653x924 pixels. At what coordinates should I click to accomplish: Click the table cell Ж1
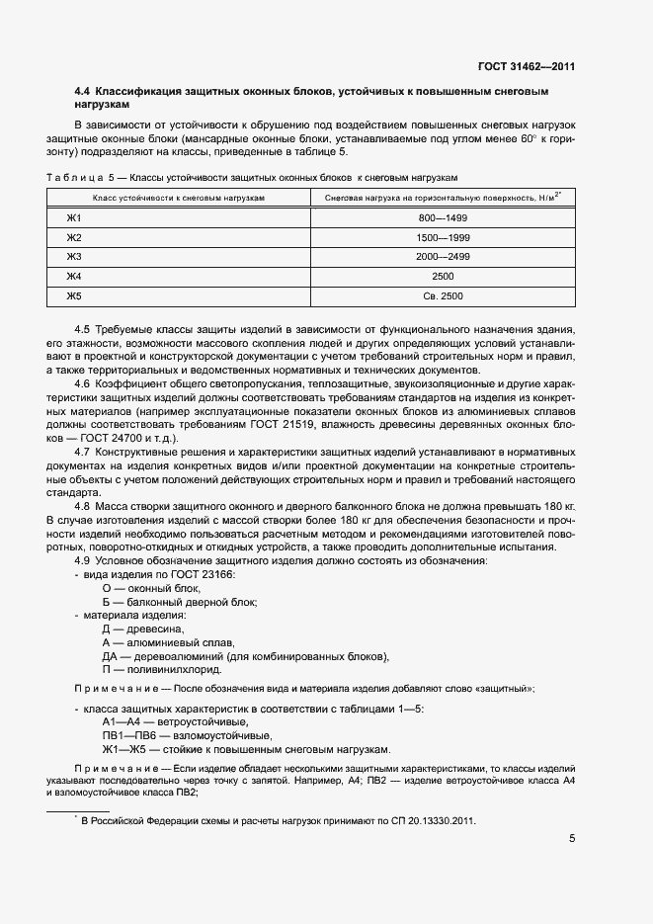73,217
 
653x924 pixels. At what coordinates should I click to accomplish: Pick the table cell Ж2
73,237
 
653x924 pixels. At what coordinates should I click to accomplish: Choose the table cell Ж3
73,257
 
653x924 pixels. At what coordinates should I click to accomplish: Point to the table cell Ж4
73,277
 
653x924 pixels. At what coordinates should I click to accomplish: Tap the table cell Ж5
73,296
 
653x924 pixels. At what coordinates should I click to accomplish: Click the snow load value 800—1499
442,217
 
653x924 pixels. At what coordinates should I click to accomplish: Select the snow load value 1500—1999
442,237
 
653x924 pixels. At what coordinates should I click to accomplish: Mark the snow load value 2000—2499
442,257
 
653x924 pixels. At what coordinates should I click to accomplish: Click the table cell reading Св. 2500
442,296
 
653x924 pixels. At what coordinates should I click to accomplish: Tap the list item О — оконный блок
144,587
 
